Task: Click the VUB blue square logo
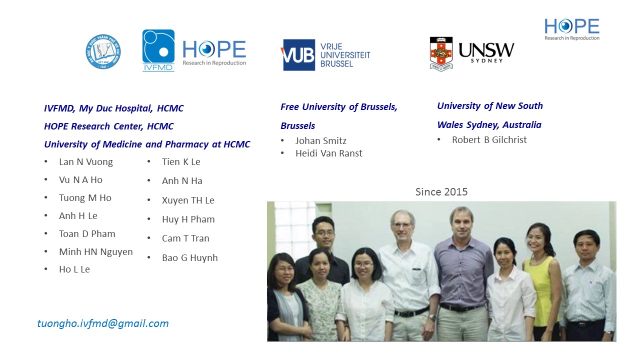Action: (x=297, y=55)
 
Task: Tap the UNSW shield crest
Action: (x=441, y=53)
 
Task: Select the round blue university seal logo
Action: (x=103, y=51)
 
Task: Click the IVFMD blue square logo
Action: (x=158, y=50)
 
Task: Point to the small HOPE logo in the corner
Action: (x=571, y=29)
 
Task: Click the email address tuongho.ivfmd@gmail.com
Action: (x=103, y=323)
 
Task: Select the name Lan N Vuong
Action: (x=86, y=162)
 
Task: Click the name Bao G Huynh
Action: (x=189, y=257)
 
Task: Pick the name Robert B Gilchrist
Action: (x=489, y=139)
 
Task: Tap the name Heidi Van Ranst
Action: (x=329, y=153)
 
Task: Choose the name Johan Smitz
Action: (x=321, y=141)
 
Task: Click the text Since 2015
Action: (x=441, y=191)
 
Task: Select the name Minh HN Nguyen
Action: (x=96, y=251)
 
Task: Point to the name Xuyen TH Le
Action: (x=188, y=200)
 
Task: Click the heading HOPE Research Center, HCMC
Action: (x=109, y=126)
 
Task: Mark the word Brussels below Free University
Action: (x=297, y=125)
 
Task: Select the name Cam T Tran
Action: (x=185, y=238)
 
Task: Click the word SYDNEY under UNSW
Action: (x=486, y=60)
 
